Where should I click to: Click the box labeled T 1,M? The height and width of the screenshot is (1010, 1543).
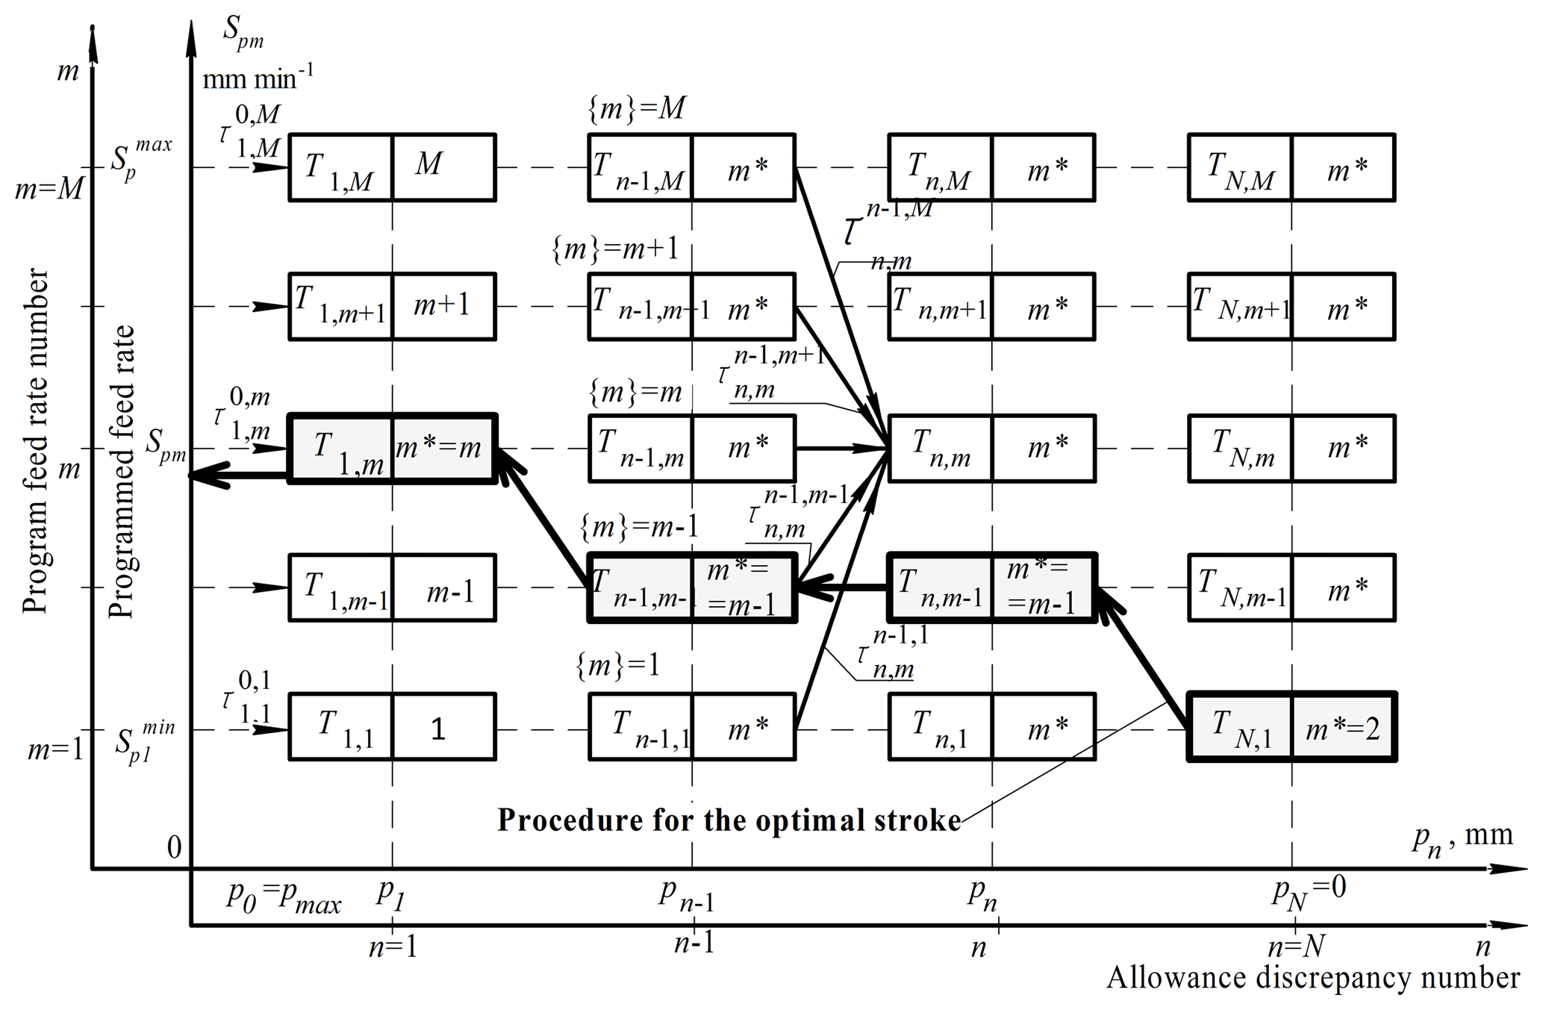click(340, 167)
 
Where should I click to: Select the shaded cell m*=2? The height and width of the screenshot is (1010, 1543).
click(1343, 727)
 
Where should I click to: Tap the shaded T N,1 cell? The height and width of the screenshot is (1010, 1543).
click(1240, 727)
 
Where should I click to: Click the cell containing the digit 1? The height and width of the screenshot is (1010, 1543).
click(443, 727)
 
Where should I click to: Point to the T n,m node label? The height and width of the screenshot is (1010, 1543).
click(941, 448)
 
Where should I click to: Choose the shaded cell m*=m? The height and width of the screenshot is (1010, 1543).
click(443, 449)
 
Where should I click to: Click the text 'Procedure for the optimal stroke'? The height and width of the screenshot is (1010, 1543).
click(729, 820)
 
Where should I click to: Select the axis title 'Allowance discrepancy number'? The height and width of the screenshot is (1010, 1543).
click(1313, 977)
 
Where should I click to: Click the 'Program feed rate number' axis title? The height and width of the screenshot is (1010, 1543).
click(35, 441)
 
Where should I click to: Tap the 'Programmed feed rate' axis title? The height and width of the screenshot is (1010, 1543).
click(122, 472)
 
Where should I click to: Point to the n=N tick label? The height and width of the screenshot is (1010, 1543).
click(1296, 947)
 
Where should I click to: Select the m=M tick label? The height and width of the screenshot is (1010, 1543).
click(49, 190)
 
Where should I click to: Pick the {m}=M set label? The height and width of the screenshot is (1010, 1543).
click(637, 110)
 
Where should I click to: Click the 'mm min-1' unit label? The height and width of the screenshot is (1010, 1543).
click(258, 77)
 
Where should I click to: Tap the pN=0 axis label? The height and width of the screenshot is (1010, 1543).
click(1309, 892)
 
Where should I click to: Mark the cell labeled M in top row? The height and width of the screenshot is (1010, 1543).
click(443, 167)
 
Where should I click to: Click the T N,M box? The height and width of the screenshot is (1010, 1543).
click(1240, 167)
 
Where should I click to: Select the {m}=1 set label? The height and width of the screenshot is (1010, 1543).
click(618, 664)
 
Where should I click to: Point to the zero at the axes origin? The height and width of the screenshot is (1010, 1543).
click(174, 847)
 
